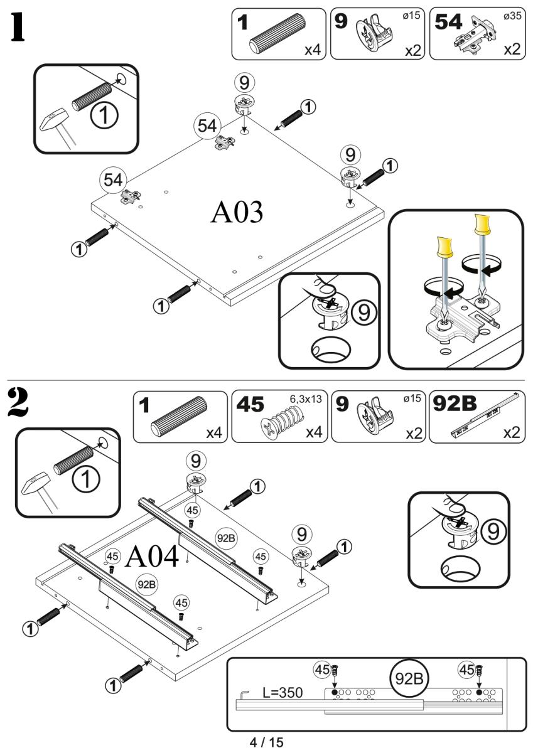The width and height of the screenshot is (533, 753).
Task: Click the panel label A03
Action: coord(237,213)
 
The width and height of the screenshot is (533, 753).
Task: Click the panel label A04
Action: coord(153,555)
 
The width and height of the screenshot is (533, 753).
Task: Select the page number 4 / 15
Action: coord(266,742)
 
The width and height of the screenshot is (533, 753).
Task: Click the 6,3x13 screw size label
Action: coord(309,399)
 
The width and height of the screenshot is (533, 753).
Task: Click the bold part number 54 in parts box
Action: coord(448,22)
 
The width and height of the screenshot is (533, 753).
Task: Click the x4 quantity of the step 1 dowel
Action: coord(312,50)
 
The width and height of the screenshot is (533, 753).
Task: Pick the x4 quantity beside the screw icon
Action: coord(313,432)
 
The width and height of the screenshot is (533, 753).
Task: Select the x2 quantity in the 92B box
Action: coord(510,432)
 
